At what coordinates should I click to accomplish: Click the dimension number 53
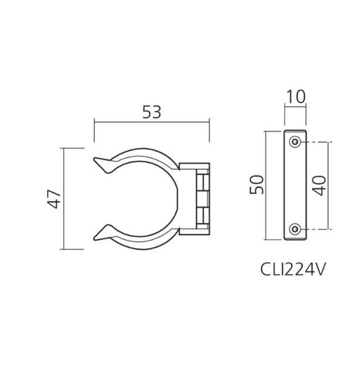151,111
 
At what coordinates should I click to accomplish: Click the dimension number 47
54,199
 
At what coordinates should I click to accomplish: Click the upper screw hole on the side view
296,142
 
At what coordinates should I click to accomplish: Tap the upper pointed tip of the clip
97,160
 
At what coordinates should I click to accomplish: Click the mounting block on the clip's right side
196,198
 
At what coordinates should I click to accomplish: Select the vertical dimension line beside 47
63,199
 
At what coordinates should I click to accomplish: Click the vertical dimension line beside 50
267,185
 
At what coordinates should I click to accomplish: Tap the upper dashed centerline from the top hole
317,142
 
